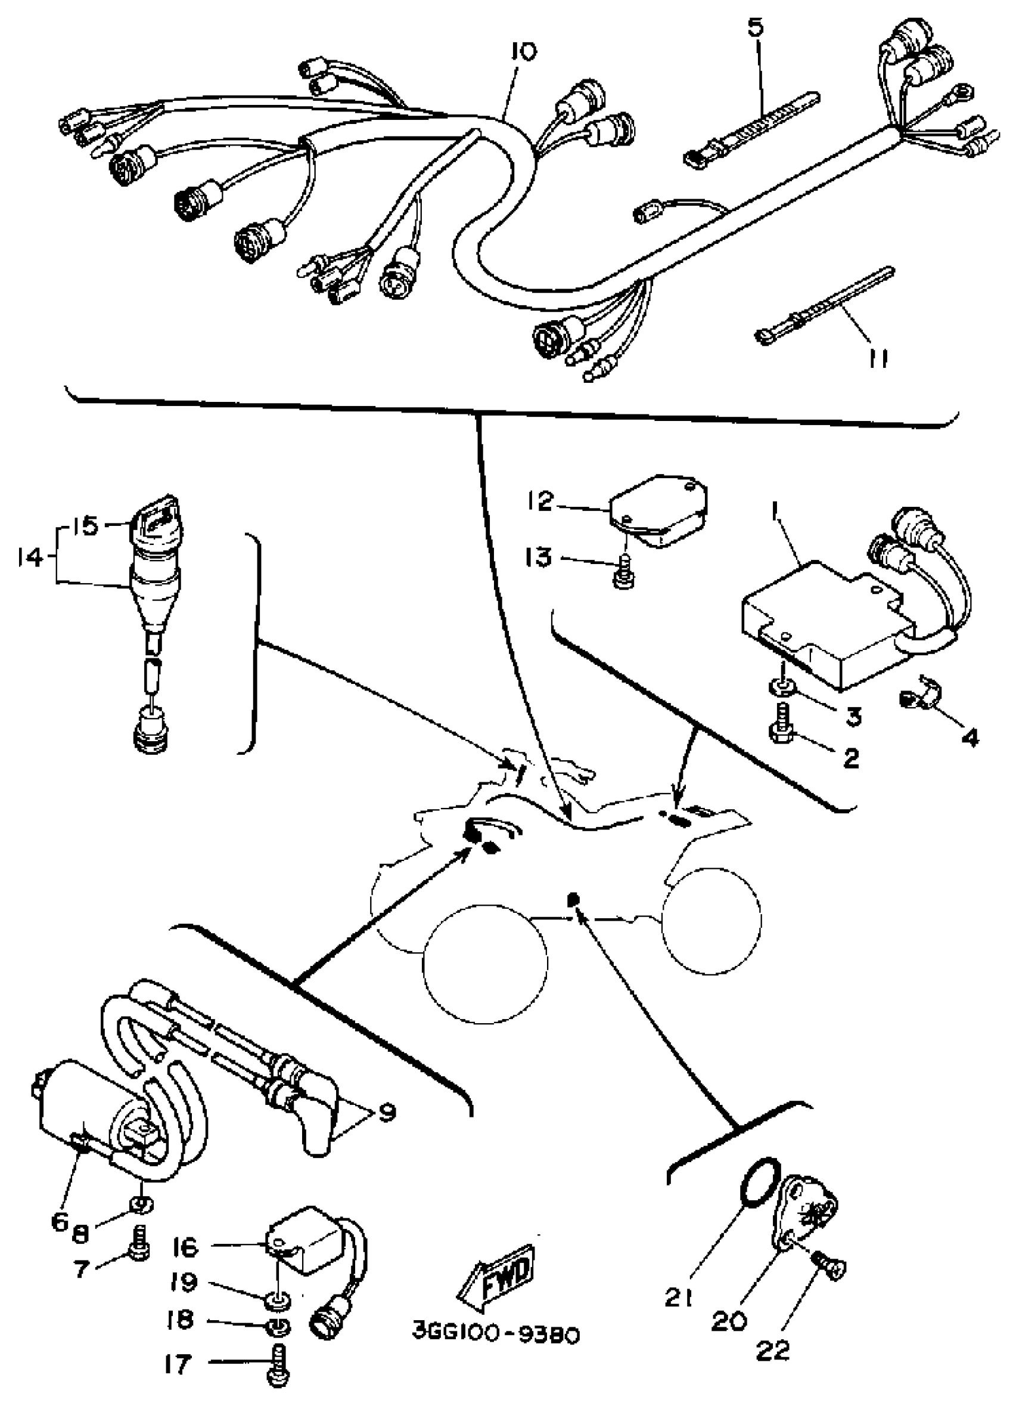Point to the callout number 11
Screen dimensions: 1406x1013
(x=877, y=359)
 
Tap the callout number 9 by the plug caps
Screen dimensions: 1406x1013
(x=386, y=1112)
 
